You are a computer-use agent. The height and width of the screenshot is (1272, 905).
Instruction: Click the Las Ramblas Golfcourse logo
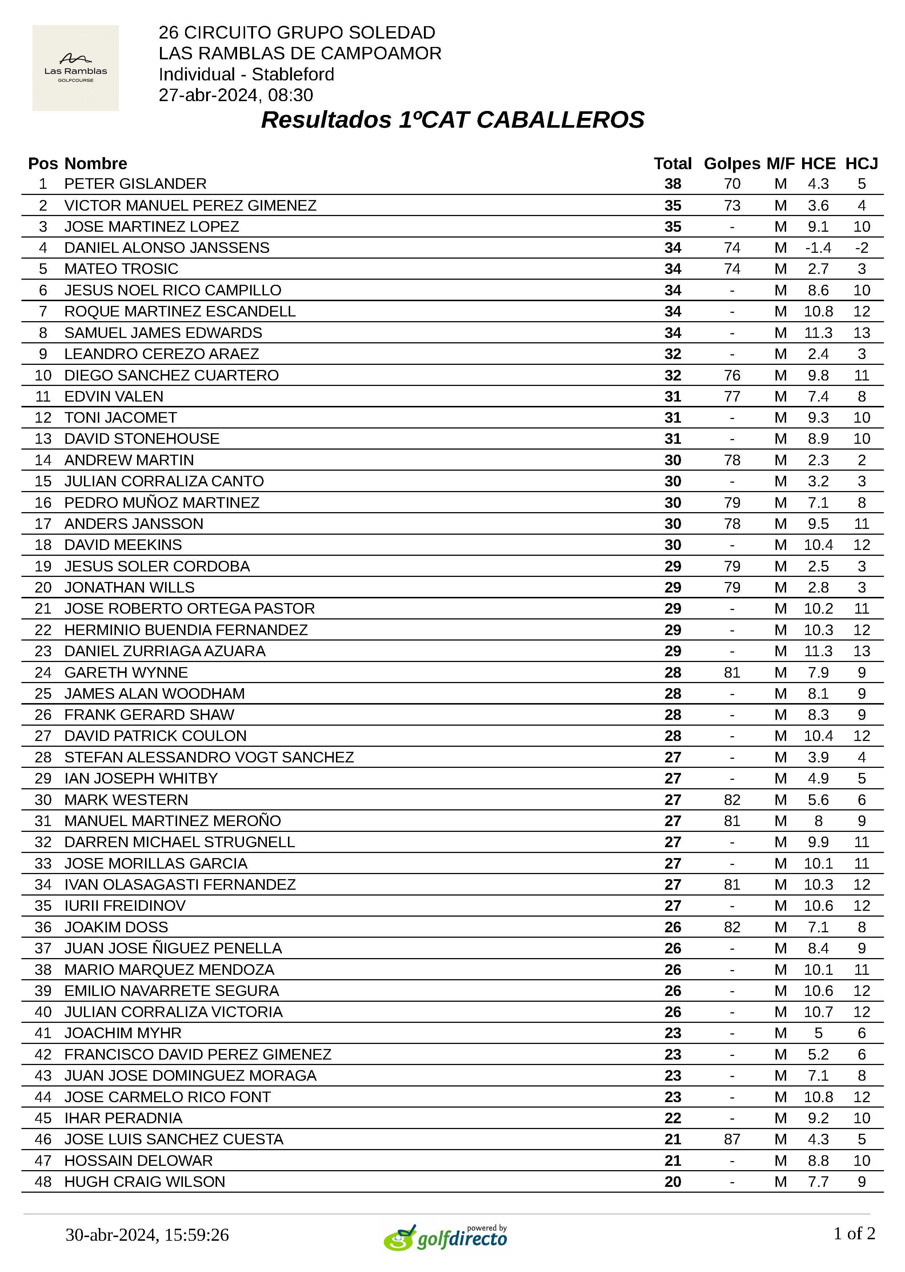(x=75, y=68)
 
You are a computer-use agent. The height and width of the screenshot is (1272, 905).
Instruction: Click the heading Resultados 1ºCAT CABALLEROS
(x=452, y=120)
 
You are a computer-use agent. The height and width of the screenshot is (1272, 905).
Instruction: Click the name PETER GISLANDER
(x=135, y=184)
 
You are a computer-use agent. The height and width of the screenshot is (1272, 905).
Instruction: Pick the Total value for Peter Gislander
(x=673, y=184)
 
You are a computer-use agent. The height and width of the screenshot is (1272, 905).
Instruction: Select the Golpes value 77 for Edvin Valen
(x=732, y=396)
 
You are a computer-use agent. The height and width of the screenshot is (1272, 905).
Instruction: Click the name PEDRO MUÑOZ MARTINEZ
(x=161, y=503)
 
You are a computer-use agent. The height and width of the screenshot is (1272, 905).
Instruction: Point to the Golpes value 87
(x=732, y=1139)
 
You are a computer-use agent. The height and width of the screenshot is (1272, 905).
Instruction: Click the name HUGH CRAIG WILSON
(x=145, y=1182)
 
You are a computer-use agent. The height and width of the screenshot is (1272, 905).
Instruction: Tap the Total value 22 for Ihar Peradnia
(x=673, y=1118)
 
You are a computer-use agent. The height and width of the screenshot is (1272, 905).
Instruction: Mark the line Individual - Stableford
(x=246, y=74)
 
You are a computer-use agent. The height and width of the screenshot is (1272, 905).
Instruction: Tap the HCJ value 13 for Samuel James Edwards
(x=861, y=333)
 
